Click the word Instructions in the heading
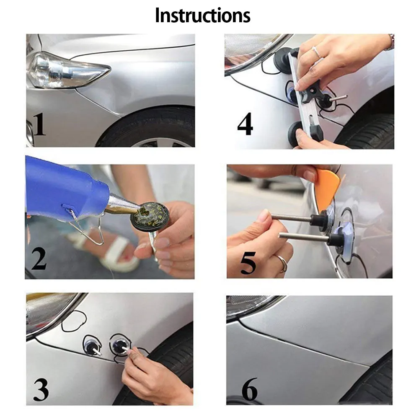coord(202,16)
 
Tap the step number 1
coord(39,124)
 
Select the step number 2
coord(39,259)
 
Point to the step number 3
coord(41,389)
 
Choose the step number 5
coord(248,263)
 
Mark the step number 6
coord(249,389)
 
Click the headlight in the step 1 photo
coord(67,70)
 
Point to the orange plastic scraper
coord(328,189)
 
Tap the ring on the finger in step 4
coord(317,52)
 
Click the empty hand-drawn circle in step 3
coord(74,321)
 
